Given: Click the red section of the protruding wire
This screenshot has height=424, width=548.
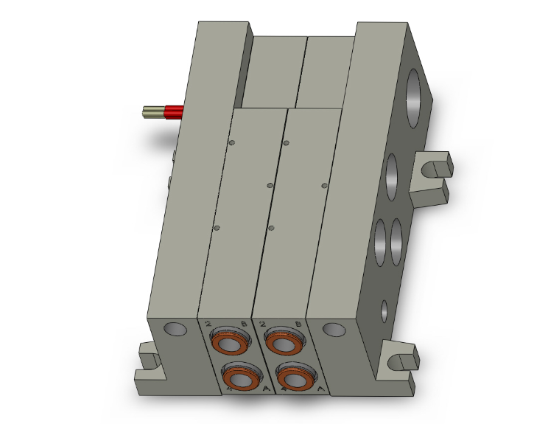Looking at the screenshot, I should tap(173, 112).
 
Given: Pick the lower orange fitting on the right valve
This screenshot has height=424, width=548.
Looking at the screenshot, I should tap(293, 378).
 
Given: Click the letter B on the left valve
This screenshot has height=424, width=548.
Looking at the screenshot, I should tap(244, 324).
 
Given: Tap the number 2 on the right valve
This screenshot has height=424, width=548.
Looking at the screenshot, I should tap(262, 324).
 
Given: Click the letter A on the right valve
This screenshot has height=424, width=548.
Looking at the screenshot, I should tap(319, 392).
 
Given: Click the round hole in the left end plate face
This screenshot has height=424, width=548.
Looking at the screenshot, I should tap(174, 329).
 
